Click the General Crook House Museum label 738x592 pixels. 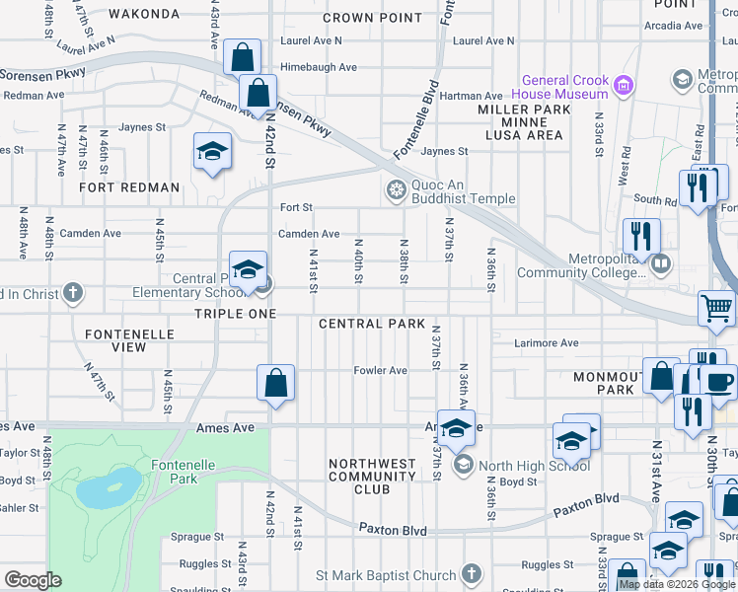[565, 87]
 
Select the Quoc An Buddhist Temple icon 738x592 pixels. [396, 189]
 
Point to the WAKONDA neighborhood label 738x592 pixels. [144, 14]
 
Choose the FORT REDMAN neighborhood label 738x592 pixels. [130, 187]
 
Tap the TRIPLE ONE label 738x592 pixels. [232, 313]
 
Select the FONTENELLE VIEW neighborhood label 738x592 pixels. [129, 341]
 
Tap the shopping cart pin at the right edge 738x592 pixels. [716, 308]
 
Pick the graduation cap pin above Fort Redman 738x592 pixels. [211, 151]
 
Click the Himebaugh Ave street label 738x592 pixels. [319, 67]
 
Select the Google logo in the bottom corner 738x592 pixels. [34, 580]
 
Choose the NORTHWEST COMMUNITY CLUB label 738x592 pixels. [372, 476]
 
